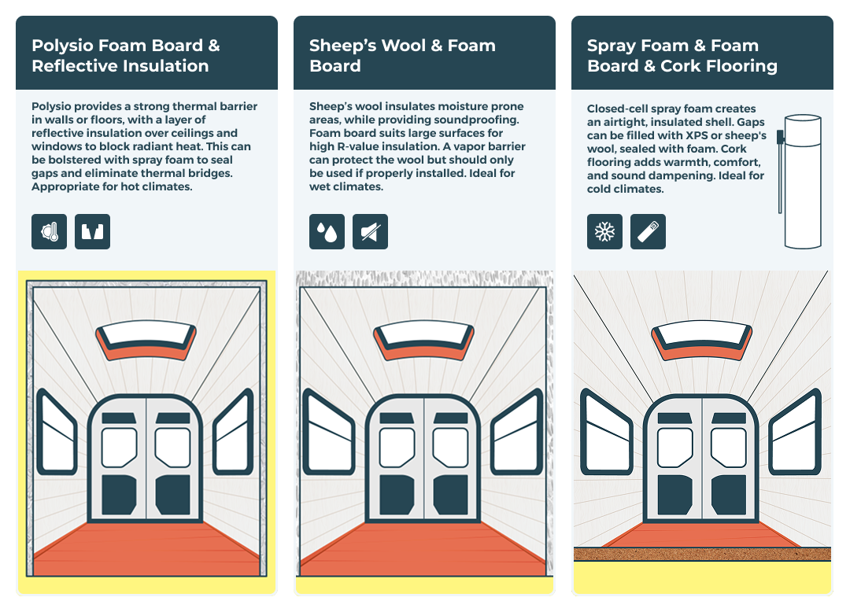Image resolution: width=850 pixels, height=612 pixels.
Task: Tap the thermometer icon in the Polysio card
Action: (x=50, y=232)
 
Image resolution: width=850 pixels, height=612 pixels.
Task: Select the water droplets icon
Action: (x=327, y=232)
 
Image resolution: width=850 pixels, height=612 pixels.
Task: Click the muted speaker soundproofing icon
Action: (x=370, y=232)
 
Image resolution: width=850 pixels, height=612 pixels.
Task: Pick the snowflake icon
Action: (x=604, y=232)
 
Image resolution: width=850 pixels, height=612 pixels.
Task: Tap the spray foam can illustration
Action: (x=800, y=182)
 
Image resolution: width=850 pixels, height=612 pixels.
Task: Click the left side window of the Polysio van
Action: (x=57, y=432)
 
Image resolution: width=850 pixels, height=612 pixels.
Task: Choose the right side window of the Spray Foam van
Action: (x=795, y=432)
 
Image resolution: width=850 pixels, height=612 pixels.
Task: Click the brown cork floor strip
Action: (x=702, y=554)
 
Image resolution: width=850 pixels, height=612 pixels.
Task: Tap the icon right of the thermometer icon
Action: (x=93, y=232)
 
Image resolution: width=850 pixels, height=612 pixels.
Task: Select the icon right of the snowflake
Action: (x=648, y=232)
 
